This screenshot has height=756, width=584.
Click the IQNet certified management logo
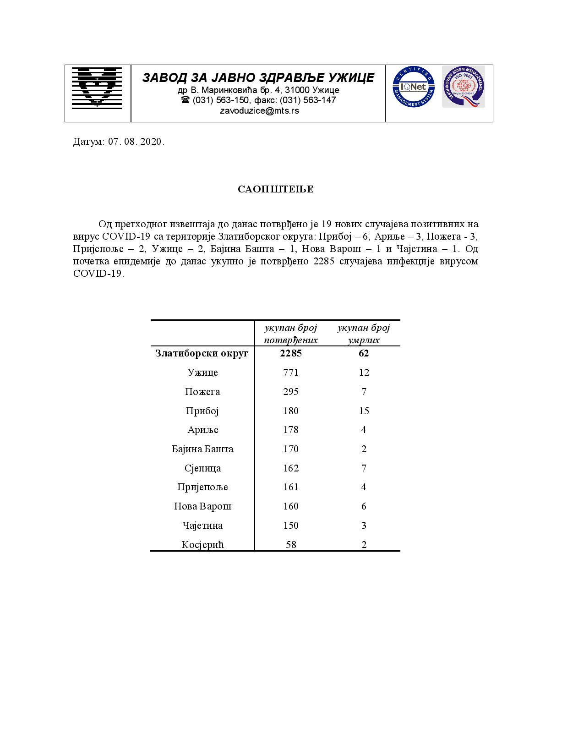413,87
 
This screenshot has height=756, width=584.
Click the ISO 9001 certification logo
463,87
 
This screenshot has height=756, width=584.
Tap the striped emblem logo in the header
97,87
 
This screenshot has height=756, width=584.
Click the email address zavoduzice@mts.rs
259,110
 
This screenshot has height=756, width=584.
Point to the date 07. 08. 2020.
136,142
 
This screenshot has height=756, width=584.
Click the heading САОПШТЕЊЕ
275,189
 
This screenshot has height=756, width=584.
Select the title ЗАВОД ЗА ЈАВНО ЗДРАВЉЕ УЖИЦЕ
258,77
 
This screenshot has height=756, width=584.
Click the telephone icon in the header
185,100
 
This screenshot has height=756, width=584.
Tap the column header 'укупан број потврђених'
291,334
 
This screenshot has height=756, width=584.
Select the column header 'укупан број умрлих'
363,334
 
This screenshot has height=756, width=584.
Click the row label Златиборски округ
202,353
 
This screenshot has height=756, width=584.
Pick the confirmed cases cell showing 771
291,373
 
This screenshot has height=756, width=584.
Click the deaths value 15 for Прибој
364,411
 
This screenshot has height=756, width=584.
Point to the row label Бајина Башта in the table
202,449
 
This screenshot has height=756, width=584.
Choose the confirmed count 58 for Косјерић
291,544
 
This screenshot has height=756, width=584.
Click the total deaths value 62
364,353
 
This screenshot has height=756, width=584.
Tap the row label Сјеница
202,468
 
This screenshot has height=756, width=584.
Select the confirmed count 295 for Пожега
291,392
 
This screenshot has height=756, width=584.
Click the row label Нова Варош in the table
202,506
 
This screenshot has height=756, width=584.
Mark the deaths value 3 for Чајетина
364,526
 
